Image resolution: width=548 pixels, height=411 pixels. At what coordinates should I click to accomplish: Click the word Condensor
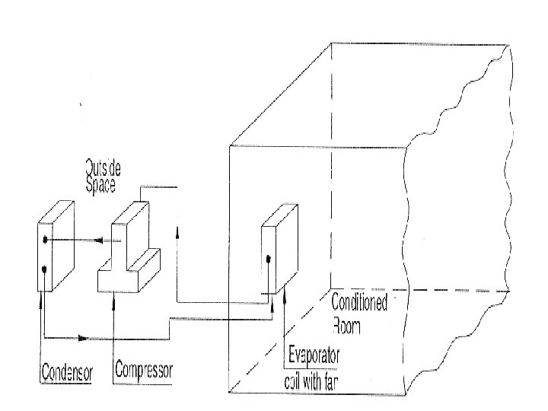click(66, 373)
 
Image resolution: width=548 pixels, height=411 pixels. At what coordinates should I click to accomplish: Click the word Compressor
click(144, 371)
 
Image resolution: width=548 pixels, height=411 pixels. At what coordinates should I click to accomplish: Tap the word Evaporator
click(314, 355)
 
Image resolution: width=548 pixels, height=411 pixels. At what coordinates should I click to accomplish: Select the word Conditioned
click(359, 303)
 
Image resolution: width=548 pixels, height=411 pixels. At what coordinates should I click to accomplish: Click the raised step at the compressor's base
click(148, 263)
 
